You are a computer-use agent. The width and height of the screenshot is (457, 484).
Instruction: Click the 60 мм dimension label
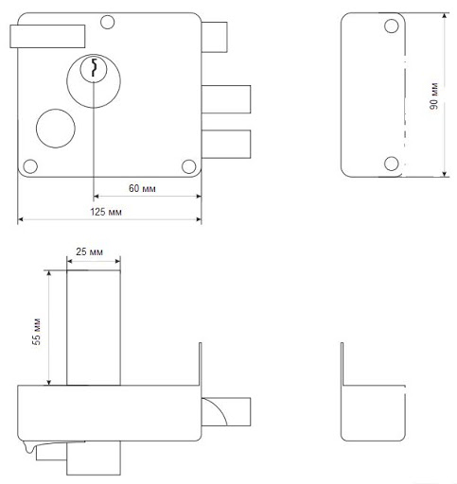[142, 188]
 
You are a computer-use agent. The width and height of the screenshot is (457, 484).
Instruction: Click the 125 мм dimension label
[106, 212]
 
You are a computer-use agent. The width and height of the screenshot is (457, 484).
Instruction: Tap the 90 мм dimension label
[434, 95]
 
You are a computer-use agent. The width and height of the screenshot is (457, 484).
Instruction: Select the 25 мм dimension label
[89, 251]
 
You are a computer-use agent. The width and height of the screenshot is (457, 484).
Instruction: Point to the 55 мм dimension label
[37, 331]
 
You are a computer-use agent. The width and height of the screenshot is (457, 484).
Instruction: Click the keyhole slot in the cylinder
[94, 67]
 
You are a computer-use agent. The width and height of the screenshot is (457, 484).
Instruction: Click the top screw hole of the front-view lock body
[107, 22]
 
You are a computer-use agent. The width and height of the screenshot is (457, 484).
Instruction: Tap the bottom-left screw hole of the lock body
[30, 166]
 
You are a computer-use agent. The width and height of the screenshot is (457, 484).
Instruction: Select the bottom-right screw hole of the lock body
[189, 166]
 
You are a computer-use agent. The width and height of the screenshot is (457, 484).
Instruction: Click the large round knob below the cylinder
[56, 129]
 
